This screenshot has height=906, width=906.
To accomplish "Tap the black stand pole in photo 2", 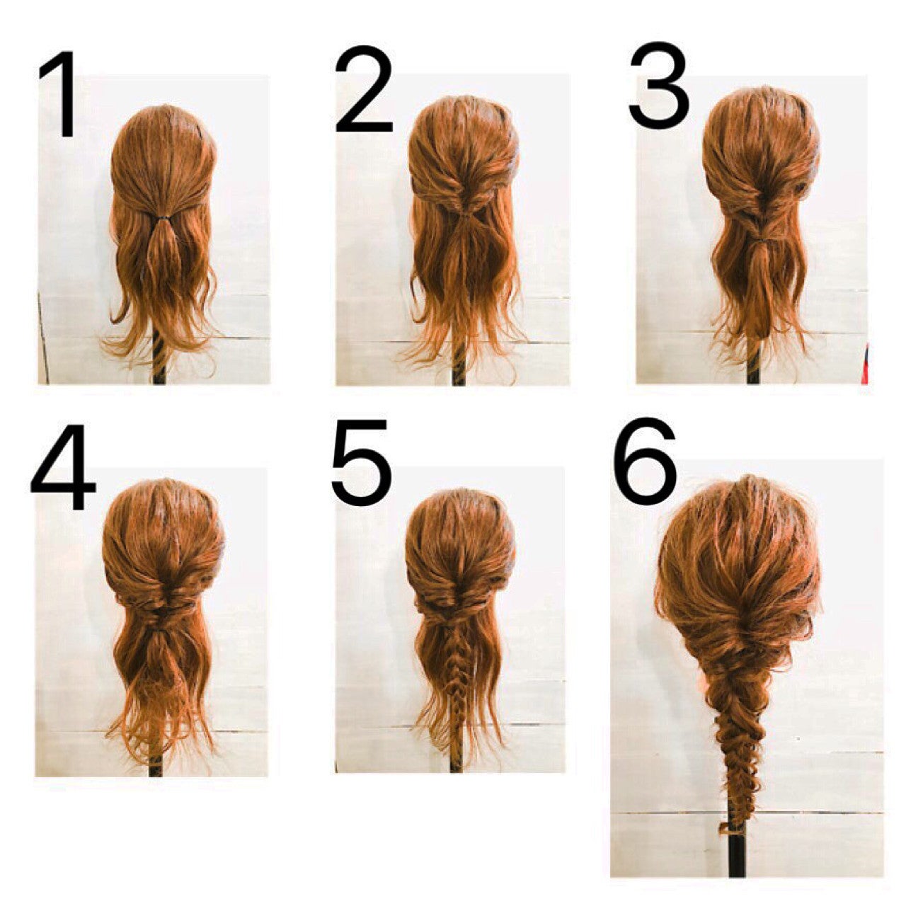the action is (459, 367).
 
